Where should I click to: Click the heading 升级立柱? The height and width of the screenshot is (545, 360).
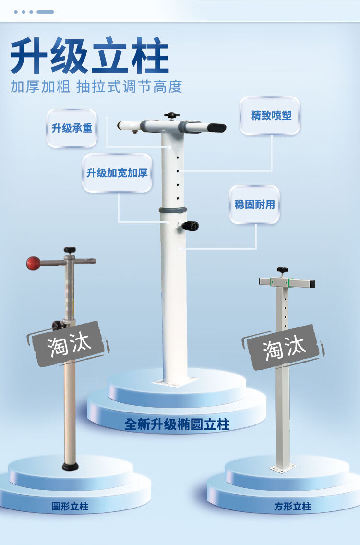[x=90, y=57]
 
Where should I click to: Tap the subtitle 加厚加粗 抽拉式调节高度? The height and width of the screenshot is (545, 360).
[x=96, y=86]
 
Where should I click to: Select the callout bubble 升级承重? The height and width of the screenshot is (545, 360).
[x=72, y=128]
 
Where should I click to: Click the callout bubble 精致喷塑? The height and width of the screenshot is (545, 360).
[x=271, y=116]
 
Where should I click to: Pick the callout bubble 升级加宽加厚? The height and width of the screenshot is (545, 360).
[x=117, y=173]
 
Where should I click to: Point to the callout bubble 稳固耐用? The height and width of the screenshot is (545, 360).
[x=254, y=205]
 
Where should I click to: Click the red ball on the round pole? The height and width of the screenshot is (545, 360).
[x=33, y=263]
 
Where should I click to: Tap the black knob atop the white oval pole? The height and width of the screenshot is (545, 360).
[x=171, y=116]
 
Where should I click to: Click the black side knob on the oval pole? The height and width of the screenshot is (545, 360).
[x=191, y=226]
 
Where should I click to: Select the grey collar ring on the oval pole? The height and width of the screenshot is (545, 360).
[x=173, y=210]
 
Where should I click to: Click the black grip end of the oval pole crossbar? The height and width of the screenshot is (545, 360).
[x=217, y=128]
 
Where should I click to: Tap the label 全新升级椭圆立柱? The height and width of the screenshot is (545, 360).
[x=177, y=424]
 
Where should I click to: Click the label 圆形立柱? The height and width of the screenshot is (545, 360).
[x=70, y=507]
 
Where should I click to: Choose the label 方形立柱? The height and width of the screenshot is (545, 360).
[x=293, y=507]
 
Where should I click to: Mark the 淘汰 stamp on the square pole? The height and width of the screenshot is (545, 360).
[x=284, y=347]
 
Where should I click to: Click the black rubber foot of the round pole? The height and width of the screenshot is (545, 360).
[x=70, y=466]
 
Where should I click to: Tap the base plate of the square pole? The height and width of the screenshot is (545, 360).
[x=283, y=467]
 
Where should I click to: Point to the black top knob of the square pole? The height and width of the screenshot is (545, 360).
[x=282, y=270]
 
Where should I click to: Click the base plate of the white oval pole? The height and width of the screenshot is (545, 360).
[x=175, y=381]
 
